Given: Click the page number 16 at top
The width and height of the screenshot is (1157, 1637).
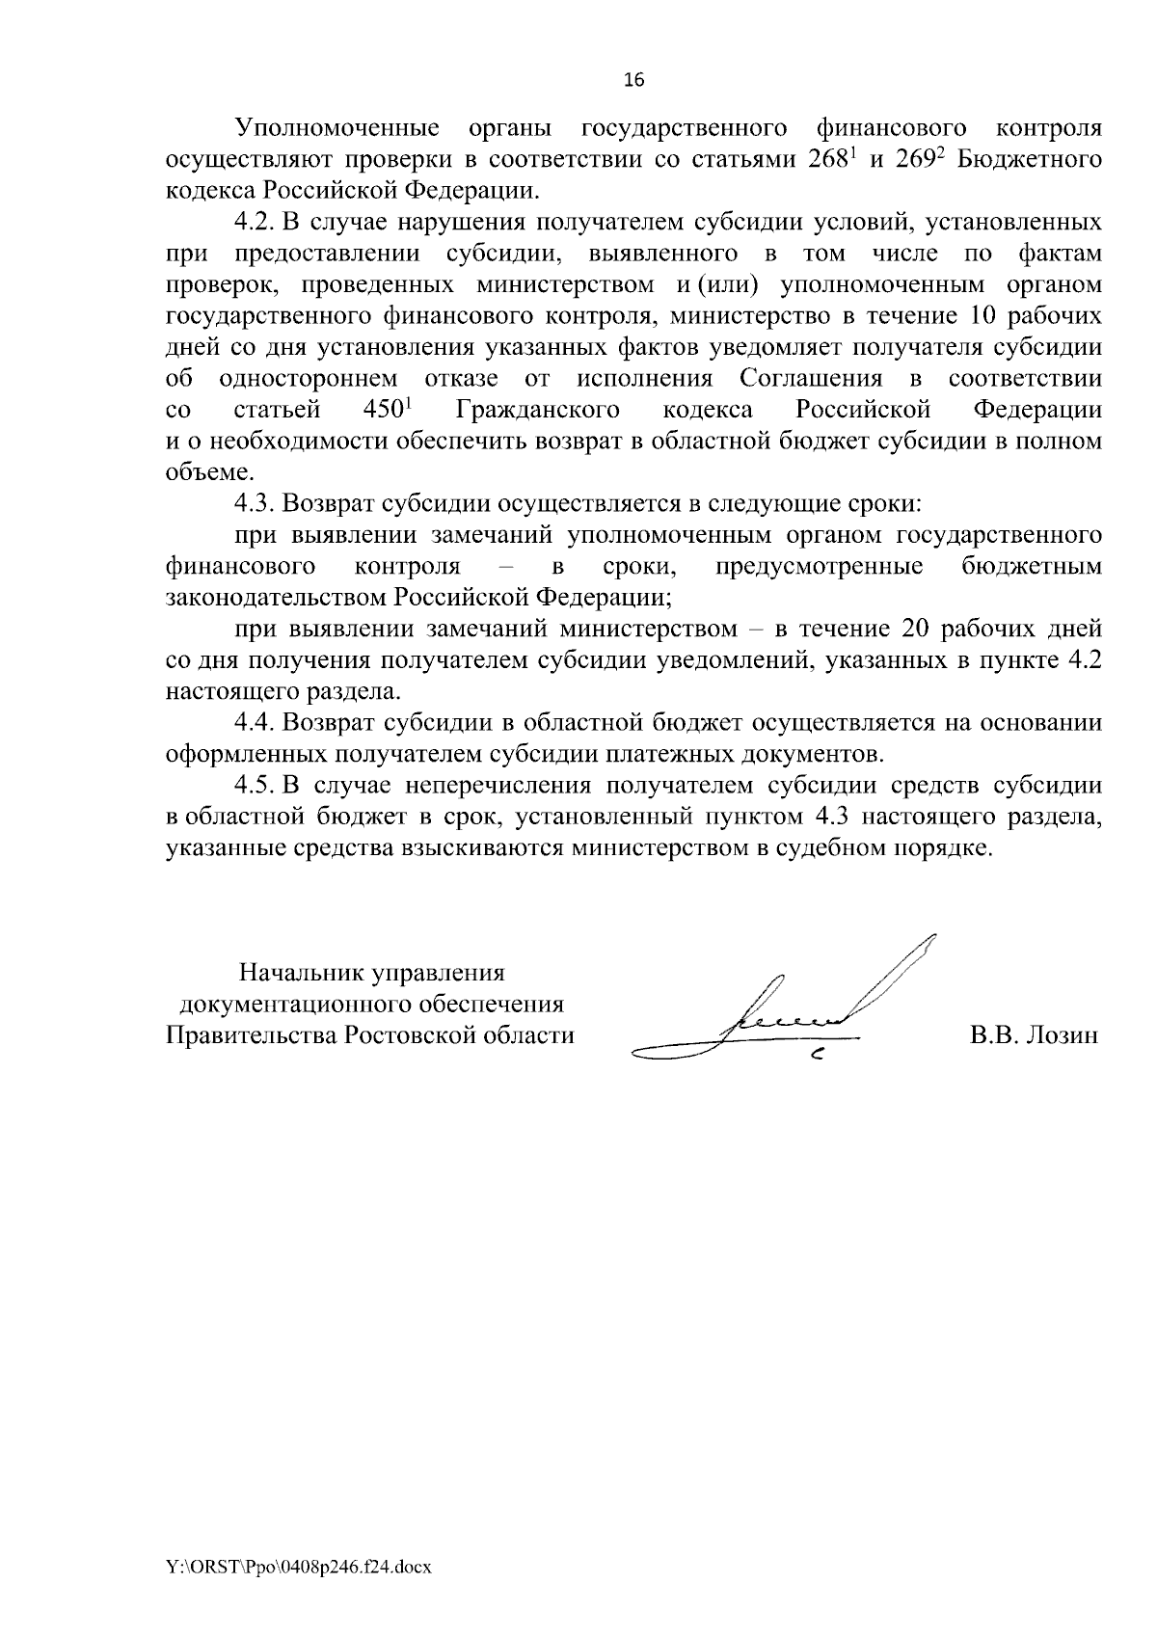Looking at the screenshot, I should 633,80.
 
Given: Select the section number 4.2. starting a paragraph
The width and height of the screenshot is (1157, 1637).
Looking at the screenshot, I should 256,223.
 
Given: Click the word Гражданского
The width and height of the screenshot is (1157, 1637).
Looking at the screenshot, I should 538,410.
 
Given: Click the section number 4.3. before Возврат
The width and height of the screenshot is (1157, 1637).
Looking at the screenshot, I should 256,503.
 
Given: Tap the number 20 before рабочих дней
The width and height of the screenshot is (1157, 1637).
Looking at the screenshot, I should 920,629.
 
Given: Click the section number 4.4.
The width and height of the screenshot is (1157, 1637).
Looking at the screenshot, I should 256,722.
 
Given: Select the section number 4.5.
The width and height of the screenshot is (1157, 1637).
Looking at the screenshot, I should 256,785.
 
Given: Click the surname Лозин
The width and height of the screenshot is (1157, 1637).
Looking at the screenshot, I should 1061,1035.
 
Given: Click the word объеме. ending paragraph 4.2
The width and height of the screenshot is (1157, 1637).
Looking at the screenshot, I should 198,472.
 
